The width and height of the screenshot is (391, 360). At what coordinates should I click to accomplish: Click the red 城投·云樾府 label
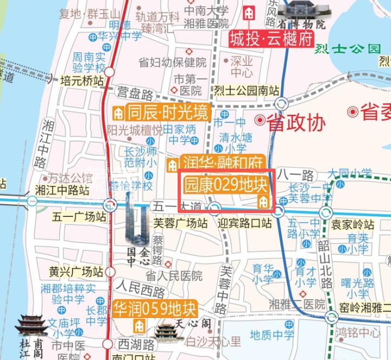point(271,40)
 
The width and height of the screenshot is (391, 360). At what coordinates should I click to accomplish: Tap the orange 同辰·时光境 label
point(167,113)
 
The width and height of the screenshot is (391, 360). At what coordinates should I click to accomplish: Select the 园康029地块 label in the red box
point(226,185)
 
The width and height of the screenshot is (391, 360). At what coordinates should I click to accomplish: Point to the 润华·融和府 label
point(223,162)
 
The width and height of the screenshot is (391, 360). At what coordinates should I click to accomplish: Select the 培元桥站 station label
point(82,81)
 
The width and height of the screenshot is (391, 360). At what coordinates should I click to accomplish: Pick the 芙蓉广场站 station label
point(180,222)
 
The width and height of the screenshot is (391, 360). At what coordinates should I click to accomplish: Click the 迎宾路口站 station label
point(244,223)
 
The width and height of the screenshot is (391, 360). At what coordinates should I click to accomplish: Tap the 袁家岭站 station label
point(353,224)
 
